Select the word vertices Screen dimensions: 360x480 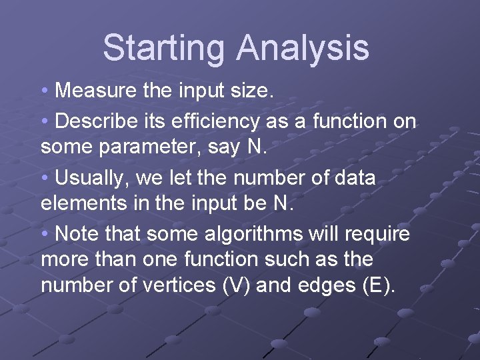tap(179, 286)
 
